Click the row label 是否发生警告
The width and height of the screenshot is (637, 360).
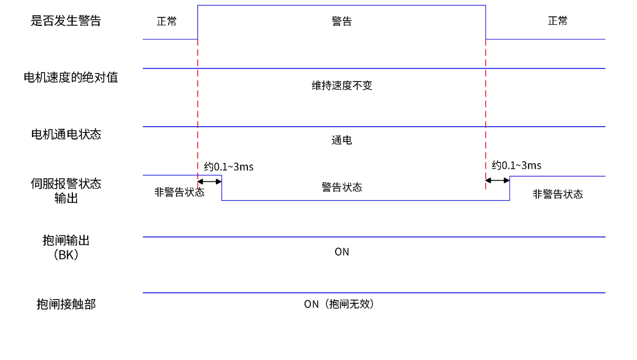(66, 21)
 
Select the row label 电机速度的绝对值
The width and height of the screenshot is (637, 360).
(71, 78)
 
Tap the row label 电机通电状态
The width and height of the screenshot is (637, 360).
(66, 134)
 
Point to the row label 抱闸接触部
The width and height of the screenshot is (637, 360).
(66, 304)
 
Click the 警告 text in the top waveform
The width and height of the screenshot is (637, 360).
(342, 22)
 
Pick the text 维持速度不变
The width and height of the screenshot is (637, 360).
(342, 86)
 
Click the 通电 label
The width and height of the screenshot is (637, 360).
(342, 140)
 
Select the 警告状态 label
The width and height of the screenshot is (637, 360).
(342, 187)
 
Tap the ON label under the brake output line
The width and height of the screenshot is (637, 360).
(342, 252)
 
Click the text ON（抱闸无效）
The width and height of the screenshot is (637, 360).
(340, 304)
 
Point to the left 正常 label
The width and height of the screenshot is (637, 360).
(167, 22)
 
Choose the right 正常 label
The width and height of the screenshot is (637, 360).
(558, 22)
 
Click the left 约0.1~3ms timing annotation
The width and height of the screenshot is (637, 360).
(228, 167)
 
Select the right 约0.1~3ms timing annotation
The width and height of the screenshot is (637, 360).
(516, 166)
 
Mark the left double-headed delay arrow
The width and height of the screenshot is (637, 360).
(210, 182)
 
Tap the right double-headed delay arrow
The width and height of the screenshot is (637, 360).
(497, 181)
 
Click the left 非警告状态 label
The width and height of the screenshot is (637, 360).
(179, 192)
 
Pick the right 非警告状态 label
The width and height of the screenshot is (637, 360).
(558, 194)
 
